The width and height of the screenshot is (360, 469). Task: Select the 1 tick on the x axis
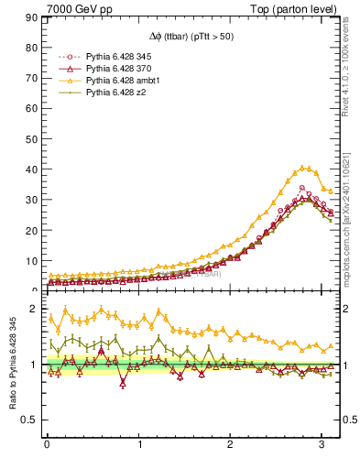(140, 445)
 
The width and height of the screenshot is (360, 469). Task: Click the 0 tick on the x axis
(47, 445)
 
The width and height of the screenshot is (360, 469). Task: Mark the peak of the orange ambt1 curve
(303, 168)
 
